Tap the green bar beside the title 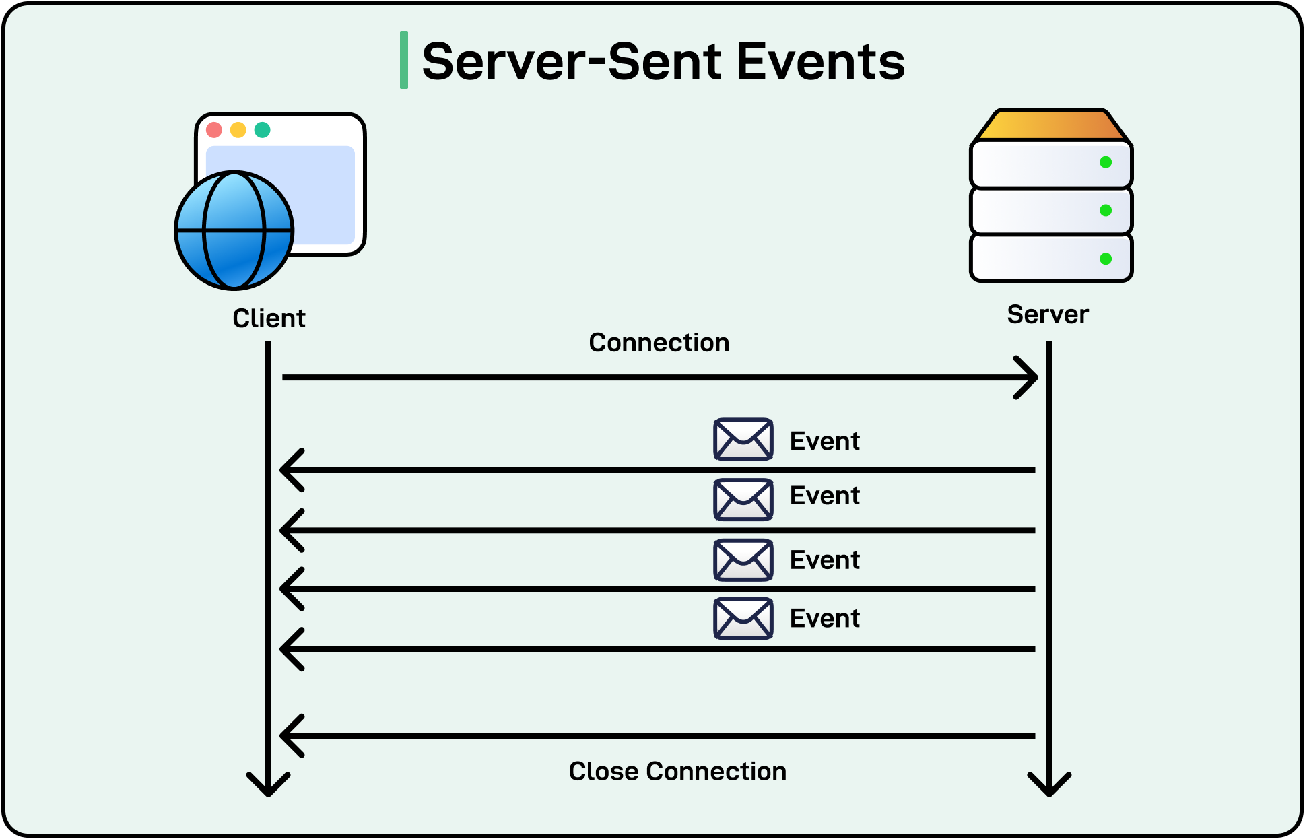click(404, 60)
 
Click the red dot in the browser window click(214, 130)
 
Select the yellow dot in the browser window click(238, 130)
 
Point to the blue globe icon click(234, 230)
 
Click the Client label click(269, 318)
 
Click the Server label click(1048, 314)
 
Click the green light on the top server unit click(1105, 162)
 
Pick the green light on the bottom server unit click(1105, 259)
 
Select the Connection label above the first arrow click(659, 343)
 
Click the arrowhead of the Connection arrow click(1028, 378)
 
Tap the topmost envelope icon click(743, 439)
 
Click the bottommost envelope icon click(743, 618)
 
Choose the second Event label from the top click(824, 496)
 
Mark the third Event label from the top click(824, 560)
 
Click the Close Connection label click(677, 772)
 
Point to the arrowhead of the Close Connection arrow click(291, 735)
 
